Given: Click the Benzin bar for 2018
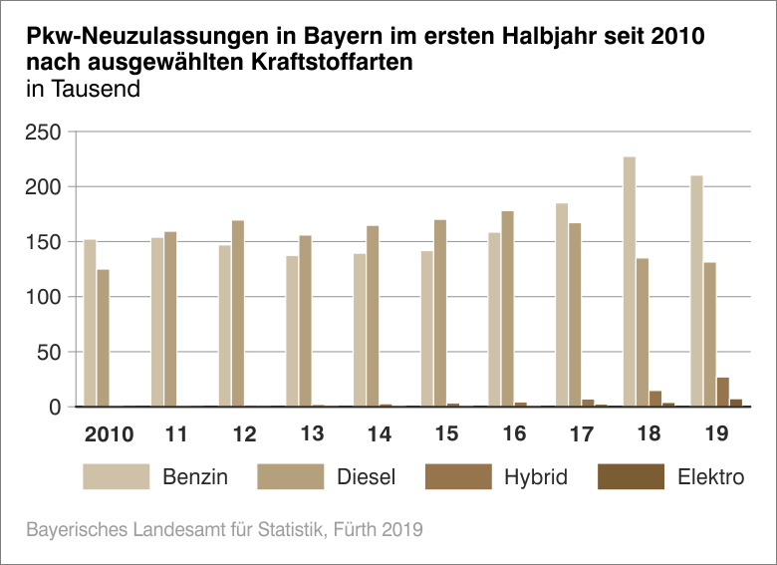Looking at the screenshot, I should tap(630, 282).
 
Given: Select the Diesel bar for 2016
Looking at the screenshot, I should tap(507, 309).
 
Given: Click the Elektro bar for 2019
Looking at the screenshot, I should tap(736, 403).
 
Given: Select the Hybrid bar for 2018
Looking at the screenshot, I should tap(655, 399).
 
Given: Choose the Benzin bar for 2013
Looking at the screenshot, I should tap(292, 331).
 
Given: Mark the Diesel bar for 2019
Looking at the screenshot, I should tap(710, 335).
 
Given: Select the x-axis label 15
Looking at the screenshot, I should tap(445, 434).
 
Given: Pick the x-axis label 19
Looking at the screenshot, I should tap(715, 434).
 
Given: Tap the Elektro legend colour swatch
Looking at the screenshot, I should tap(631, 476).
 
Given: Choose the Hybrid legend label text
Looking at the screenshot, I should tap(535, 477).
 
